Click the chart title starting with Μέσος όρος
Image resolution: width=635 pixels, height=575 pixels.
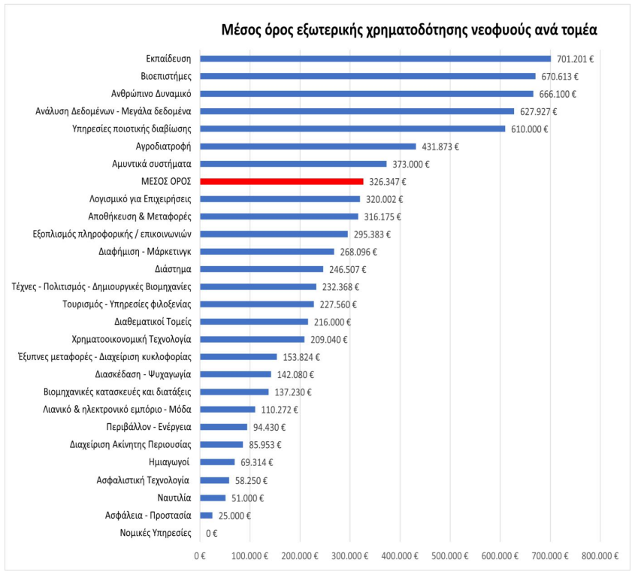pos(409,30)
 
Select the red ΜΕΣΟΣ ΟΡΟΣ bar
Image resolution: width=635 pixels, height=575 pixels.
pos(282,181)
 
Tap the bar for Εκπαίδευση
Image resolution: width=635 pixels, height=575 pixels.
pos(376,59)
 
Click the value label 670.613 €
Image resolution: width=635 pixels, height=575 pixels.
pos(560,77)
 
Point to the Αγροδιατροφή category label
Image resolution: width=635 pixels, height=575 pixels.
pos(163,146)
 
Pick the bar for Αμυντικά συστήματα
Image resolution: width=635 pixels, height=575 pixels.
pos(293,164)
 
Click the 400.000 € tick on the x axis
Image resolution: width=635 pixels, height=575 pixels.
pos(400,556)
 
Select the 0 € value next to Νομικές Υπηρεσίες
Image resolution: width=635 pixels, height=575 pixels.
pos(211,534)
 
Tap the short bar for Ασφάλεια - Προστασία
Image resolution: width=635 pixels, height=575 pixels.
pos(206,516)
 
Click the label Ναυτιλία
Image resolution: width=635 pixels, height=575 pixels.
pos(174,498)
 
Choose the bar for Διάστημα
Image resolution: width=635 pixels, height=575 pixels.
pos(262,269)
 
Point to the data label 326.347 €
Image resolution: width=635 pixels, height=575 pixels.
pos(388,182)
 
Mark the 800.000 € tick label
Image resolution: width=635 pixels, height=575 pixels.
pos(600,556)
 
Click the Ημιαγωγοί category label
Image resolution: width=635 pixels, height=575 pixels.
pos(169,462)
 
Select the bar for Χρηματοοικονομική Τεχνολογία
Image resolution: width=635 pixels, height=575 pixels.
pos(252,339)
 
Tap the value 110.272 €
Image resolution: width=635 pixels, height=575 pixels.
pos(280,410)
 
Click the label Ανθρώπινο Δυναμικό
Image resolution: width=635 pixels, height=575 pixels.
pos(151,94)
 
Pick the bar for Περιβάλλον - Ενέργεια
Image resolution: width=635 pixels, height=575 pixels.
pos(223,427)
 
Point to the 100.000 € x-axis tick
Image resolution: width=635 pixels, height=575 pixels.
pos(250,556)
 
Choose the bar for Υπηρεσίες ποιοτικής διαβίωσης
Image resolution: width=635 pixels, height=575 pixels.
pos(352,129)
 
